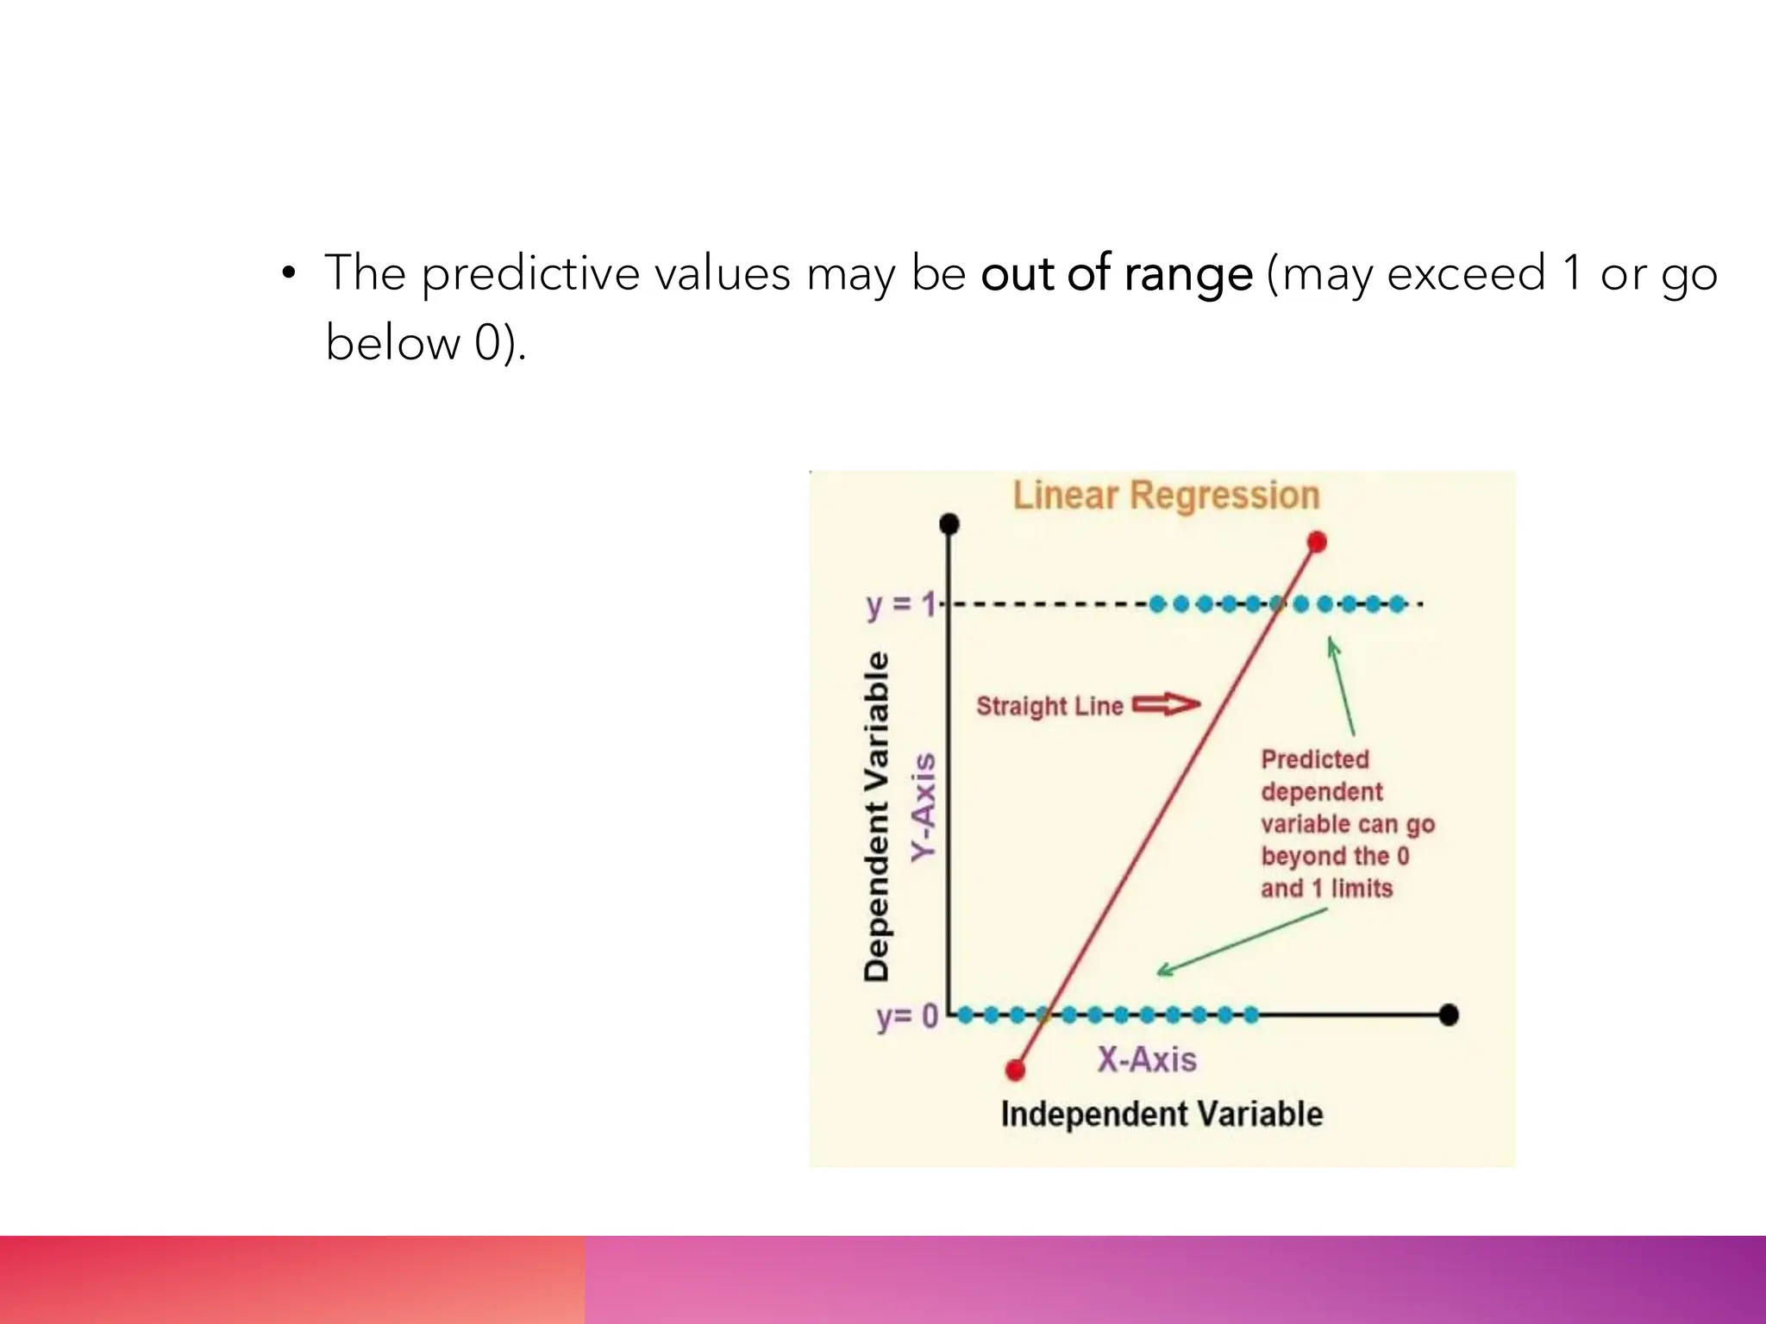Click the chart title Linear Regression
[1165, 496]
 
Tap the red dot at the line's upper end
[1317, 542]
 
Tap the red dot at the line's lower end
[1016, 1070]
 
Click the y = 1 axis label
[900, 604]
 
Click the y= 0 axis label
[906, 1016]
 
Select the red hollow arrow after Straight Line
[1165, 705]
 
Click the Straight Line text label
[1049, 706]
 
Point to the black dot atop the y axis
[949, 524]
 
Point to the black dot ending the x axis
[1449, 1015]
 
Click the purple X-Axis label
[1146, 1059]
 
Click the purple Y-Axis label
[924, 807]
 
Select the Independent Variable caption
[1162, 1114]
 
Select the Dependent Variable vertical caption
[876, 815]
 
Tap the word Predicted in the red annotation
[1314, 759]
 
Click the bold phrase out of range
[1116, 274]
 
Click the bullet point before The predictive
[289, 274]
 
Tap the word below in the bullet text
[392, 343]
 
